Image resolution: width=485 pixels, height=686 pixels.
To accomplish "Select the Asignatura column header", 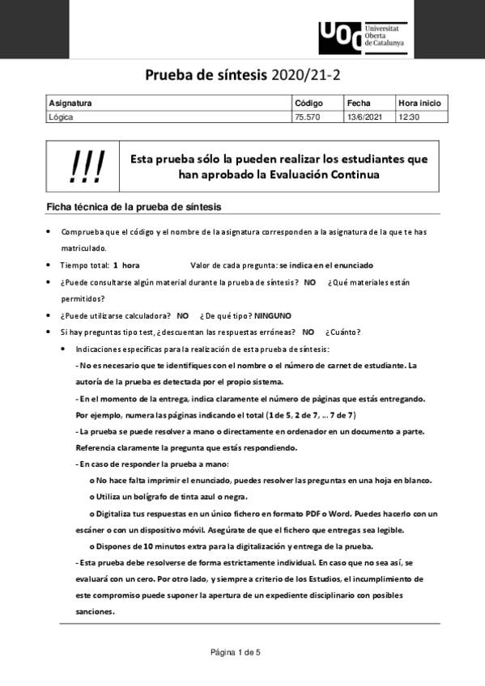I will (70, 104).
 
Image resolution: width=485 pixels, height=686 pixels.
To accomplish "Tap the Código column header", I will (308, 104).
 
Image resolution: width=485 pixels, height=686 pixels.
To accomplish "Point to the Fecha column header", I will (359, 104).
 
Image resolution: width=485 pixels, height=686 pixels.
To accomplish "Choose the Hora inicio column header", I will (419, 104).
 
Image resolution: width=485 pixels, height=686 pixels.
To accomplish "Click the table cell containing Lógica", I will (62, 117).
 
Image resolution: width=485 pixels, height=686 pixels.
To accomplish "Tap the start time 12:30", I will (409, 117).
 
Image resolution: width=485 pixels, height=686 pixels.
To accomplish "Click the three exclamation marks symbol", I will (87, 166).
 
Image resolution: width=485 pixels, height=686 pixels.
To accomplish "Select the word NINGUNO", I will (272, 315).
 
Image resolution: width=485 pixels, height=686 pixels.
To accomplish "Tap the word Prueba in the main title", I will (171, 76).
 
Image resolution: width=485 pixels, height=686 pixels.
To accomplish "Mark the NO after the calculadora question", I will (182, 315).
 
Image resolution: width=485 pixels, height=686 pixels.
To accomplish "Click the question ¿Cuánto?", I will (343, 332).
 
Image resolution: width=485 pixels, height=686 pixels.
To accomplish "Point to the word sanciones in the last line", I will (96, 612).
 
